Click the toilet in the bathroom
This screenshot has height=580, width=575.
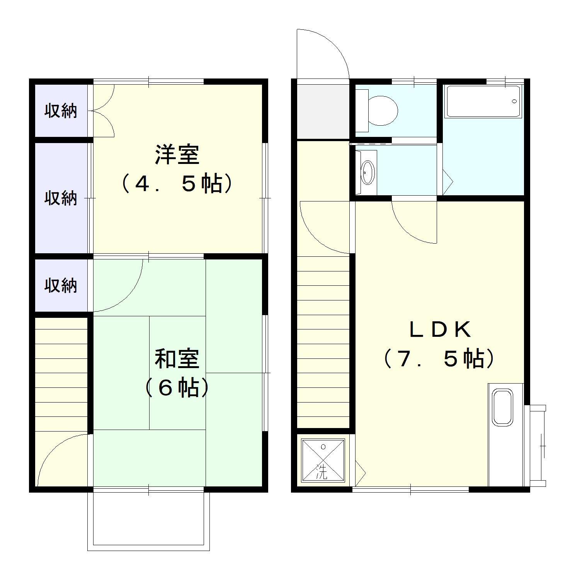click(x=381, y=110)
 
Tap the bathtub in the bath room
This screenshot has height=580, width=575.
click(x=483, y=101)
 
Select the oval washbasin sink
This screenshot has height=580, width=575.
click(x=367, y=172)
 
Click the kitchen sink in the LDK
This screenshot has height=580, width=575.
click(x=502, y=407)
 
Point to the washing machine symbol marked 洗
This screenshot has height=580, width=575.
click(x=323, y=460)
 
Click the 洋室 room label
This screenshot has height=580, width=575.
click(x=177, y=154)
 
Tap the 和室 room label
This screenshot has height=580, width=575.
click(x=177, y=358)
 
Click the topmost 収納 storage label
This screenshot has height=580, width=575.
click(x=61, y=111)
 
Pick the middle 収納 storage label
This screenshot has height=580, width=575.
click(x=61, y=198)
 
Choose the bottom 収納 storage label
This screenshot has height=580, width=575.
click(x=61, y=285)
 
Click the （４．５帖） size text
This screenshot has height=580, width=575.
click(x=177, y=184)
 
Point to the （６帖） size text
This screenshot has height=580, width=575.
click(x=177, y=388)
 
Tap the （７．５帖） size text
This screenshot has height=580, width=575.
click(x=439, y=359)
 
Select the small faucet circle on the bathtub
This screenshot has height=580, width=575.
click(x=514, y=101)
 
